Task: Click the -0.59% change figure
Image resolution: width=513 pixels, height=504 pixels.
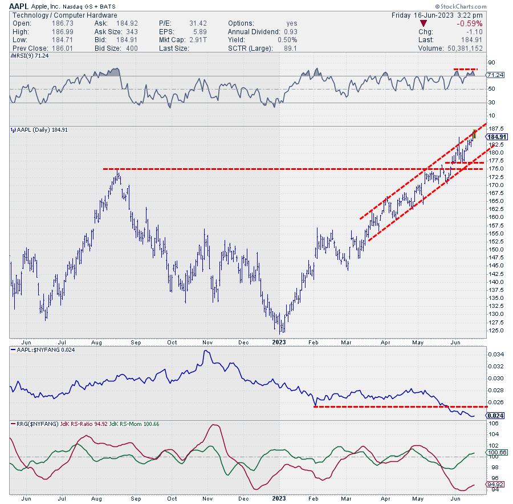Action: click(470, 23)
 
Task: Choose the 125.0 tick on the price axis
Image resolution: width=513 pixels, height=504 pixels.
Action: click(494, 330)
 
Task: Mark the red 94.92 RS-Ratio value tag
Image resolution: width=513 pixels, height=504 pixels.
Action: click(494, 485)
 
